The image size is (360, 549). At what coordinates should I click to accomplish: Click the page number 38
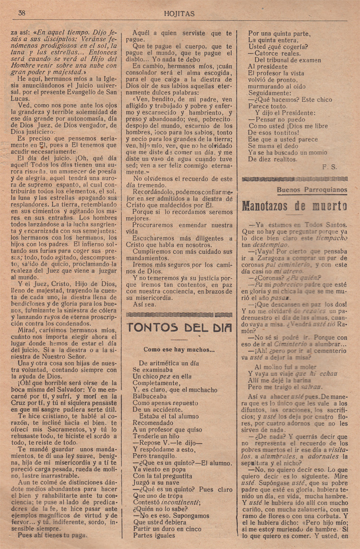click(x=22, y=13)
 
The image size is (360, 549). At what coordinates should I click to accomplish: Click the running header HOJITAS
click(x=179, y=14)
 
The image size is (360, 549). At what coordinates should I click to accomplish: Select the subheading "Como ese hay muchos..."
click(x=179, y=350)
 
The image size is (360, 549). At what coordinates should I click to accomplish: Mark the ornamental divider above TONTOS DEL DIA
click(x=179, y=314)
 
